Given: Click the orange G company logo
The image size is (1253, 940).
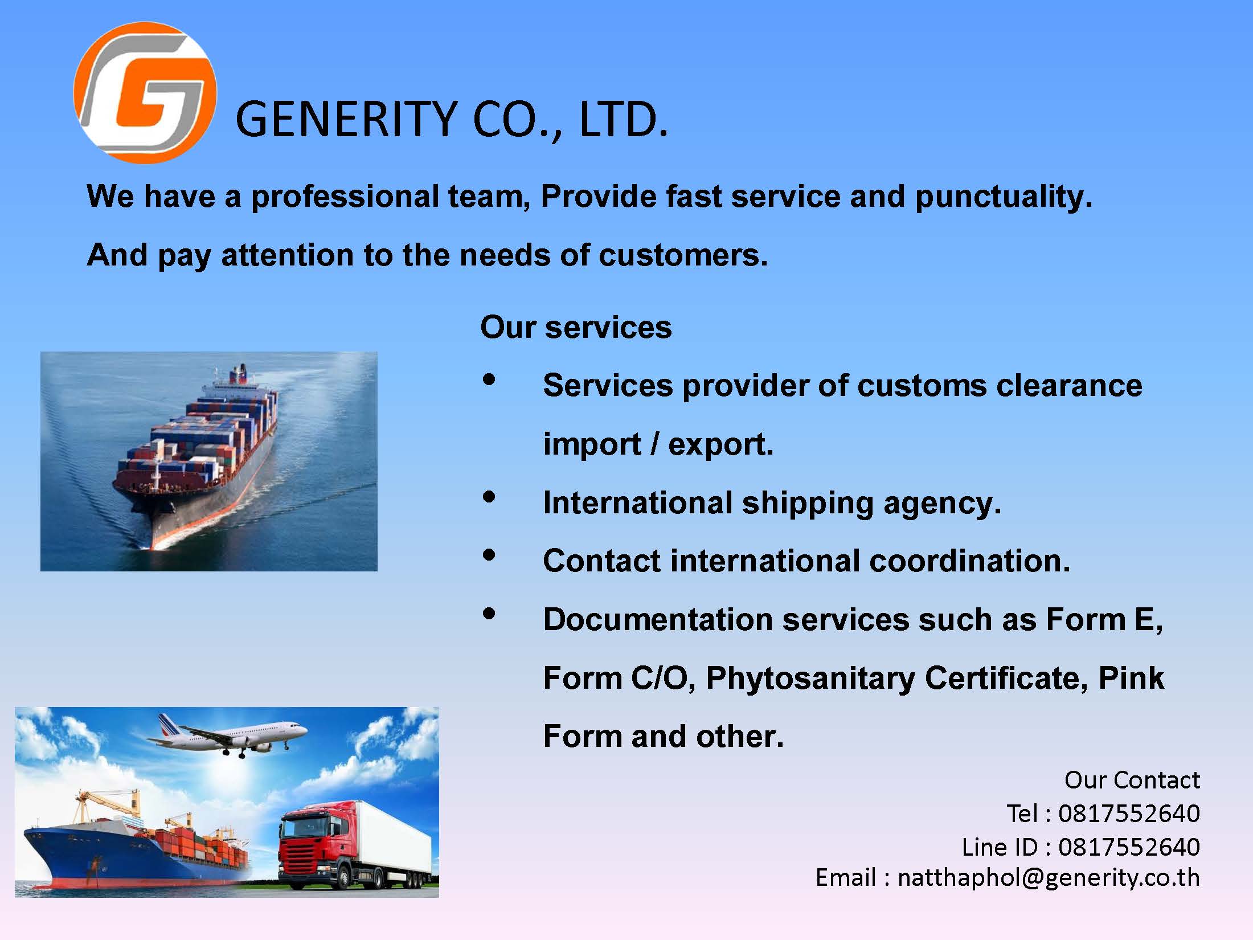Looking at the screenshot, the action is [x=145, y=92].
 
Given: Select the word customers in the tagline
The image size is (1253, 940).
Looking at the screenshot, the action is [x=683, y=255].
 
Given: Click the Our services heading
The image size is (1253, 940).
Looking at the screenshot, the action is [x=576, y=328].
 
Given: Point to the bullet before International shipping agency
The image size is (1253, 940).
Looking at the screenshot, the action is [x=489, y=497].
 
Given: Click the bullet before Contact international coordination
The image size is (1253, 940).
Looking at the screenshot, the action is [x=489, y=555].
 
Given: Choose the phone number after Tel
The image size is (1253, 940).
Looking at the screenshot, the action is [x=1129, y=814].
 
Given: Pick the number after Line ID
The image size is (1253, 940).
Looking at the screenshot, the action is [x=1129, y=847].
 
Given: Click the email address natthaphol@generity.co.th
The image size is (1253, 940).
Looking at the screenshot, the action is [x=1049, y=878].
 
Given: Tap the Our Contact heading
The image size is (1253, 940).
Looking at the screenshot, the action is [x=1132, y=780].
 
